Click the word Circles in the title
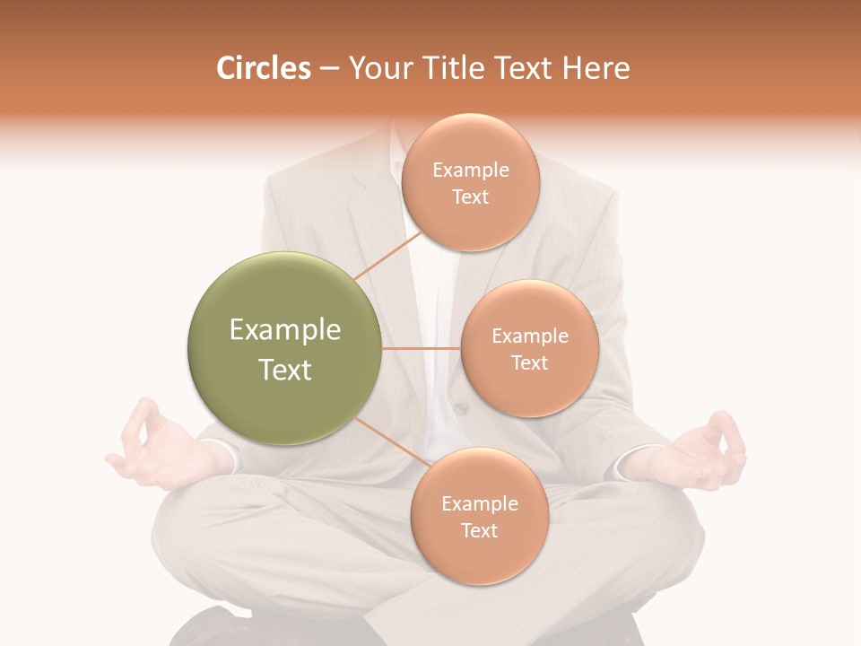[x=264, y=68]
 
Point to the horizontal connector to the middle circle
[x=421, y=348]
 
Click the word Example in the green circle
[x=285, y=330]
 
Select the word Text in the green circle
[x=285, y=370]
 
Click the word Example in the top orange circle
[x=471, y=170]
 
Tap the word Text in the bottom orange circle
[x=479, y=531]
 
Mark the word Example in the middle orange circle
[x=530, y=336]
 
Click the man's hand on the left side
[x=152, y=449]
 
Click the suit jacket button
[x=461, y=408]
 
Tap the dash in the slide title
[x=329, y=69]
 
